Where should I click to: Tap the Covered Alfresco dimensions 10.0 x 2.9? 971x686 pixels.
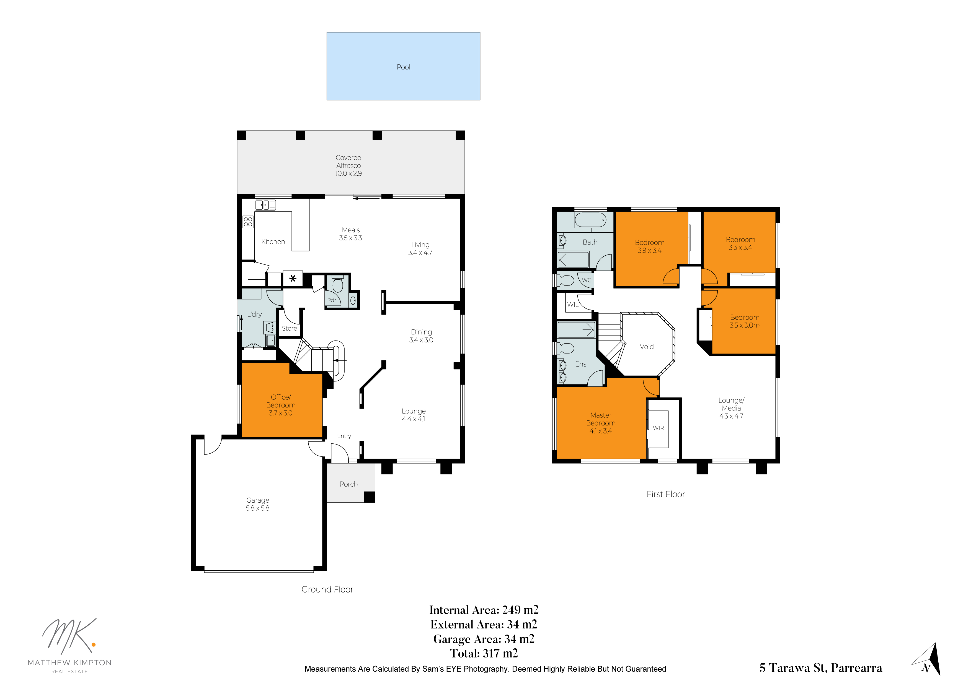pyautogui.click(x=348, y=173)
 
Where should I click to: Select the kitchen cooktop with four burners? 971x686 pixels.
pyautogui.click(x=248, y=222)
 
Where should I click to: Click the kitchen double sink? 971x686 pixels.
pyautogui.click(x=265, y=205)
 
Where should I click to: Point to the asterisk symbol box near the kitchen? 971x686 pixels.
pyautogui.click(x=293, y=279)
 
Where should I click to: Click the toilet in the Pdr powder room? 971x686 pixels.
pyautogui.click(x=337, y=284)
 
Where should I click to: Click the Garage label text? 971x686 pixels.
pyautogui.click(x=257, y=500)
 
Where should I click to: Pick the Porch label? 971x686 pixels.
pyautogui.click(x=348, y=484)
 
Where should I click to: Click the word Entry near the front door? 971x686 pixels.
pyautogui.click(x=344, y=436)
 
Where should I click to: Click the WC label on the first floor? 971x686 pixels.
pyautogui.click(x=587, y=280)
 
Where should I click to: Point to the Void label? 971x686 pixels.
pyautogui.click(x=647, y=347)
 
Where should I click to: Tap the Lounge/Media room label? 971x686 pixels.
pyautogui.click(x=731, y=408)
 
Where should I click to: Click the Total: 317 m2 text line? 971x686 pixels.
pyautogui.click(x=484, y=653)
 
